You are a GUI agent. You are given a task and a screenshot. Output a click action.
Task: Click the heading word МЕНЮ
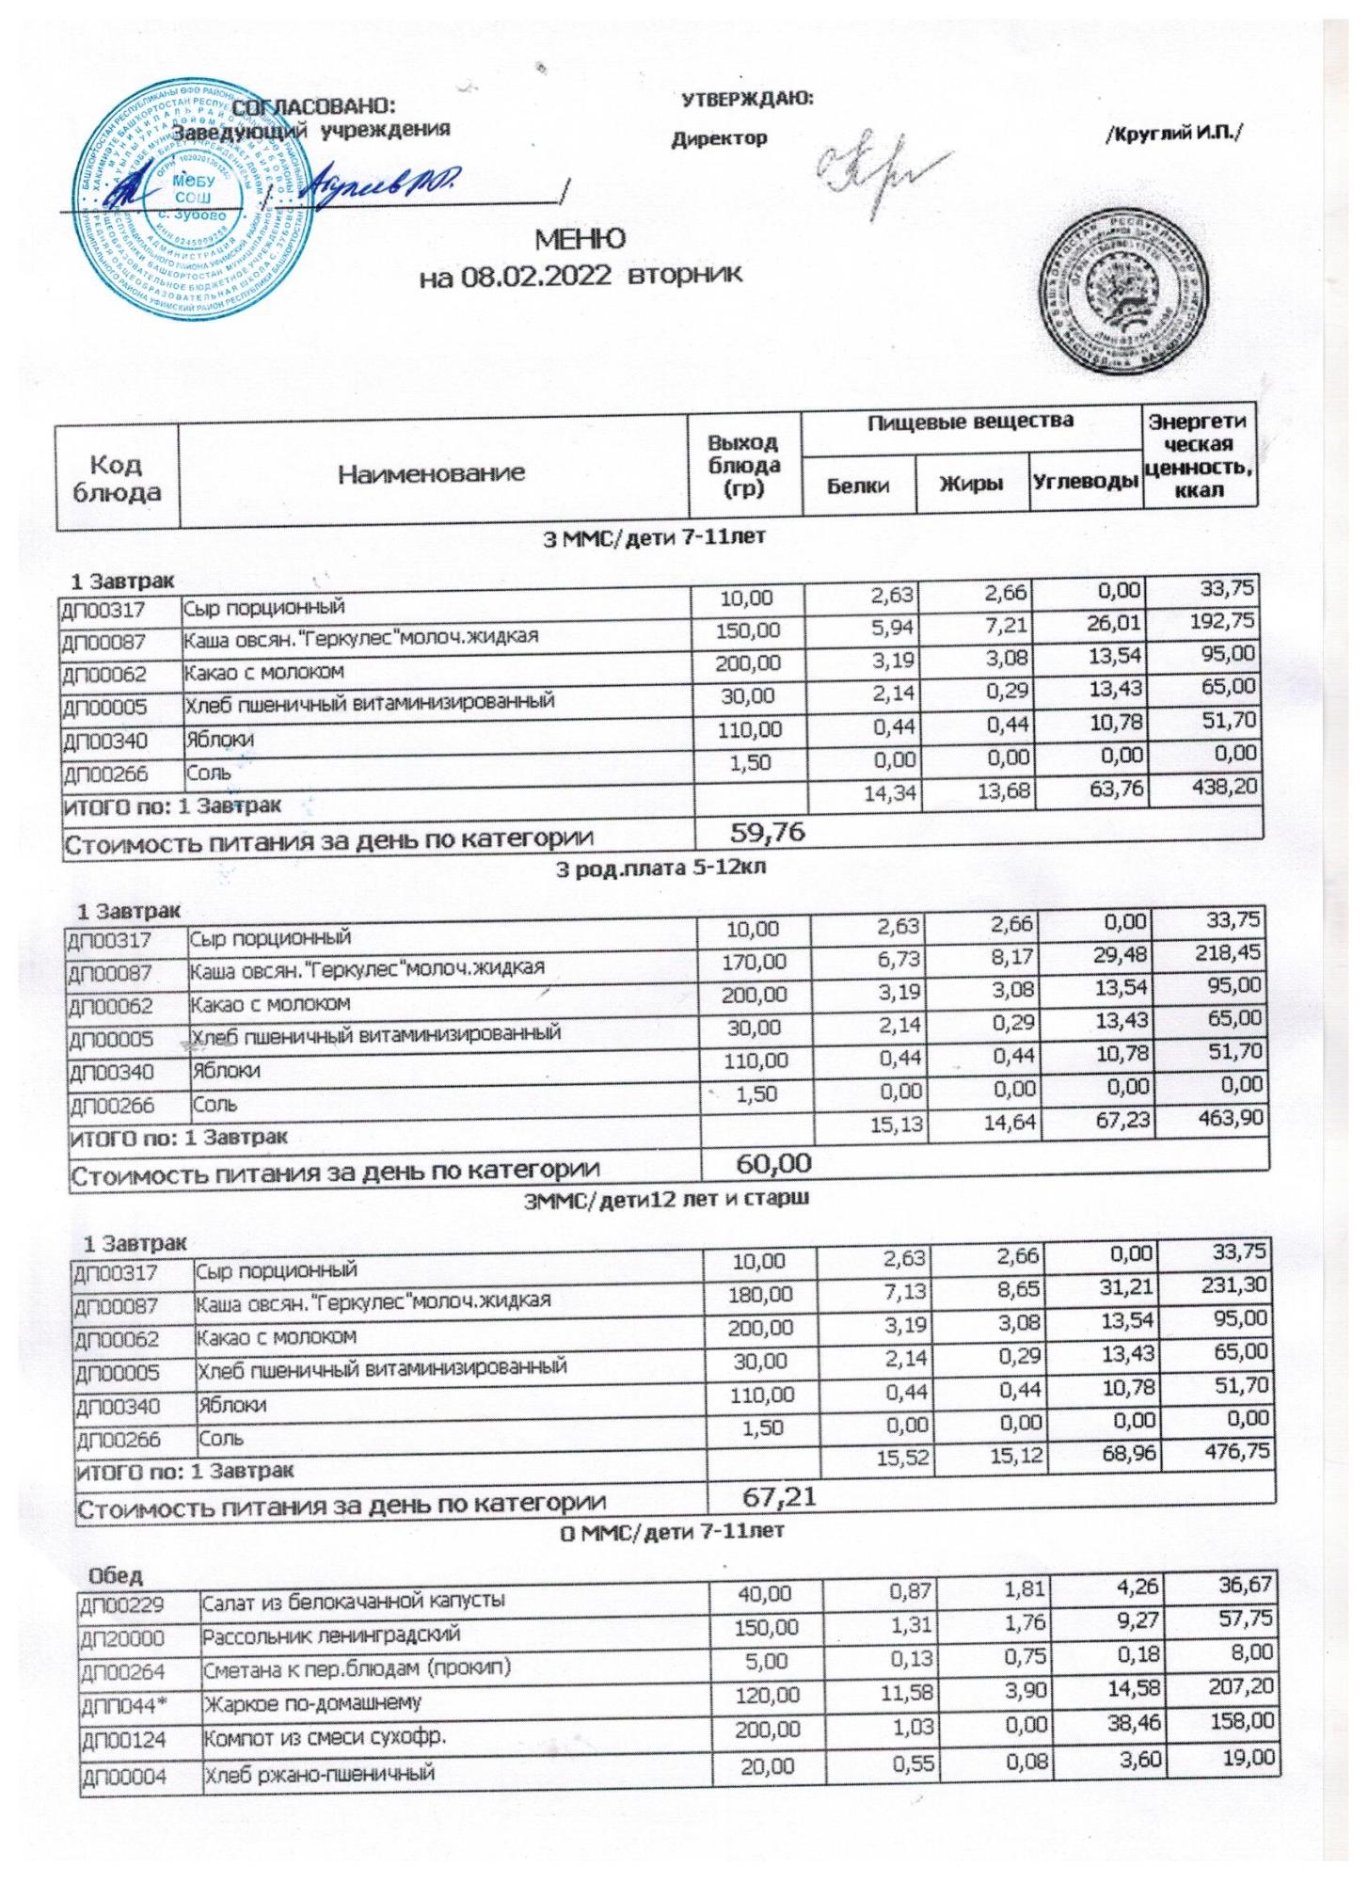[x=581, y=238]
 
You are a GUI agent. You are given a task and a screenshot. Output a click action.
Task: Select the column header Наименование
[x=432, y=473]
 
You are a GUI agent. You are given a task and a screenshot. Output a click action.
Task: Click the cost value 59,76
[x=768, y=832]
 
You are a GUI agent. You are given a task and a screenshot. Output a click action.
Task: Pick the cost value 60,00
[x=772, y=1163]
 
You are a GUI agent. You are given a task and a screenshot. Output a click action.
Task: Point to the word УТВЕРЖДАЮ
[x=747, y=98]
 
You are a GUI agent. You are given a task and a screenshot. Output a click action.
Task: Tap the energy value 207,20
[x=1241, y=1688]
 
